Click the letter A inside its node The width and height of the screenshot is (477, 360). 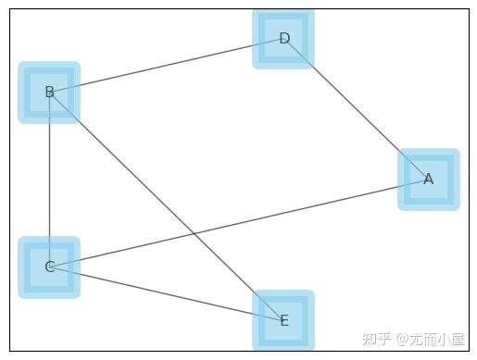(x=428, y=180)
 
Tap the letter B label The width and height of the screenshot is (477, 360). (x=49, y=93)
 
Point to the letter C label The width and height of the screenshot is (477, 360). (x=49, y=267)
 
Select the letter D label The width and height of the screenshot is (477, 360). (x=284, y=39)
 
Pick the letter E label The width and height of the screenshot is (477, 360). (x=283, y=321)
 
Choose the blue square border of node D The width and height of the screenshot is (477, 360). (x=260, y=39)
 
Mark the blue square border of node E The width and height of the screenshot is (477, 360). (x=260, y=321)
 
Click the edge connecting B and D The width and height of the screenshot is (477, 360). (x=167, y=66)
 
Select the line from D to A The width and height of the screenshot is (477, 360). (x=357, y=109)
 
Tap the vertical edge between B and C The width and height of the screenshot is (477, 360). (x=49, y=180)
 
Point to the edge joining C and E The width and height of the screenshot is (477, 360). (x=167, y=294)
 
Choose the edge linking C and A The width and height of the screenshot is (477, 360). (x=278, y=214)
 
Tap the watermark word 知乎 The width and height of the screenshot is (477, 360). (x=376, y=339)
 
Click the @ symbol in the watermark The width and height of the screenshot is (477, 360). (x=403, y=340)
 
